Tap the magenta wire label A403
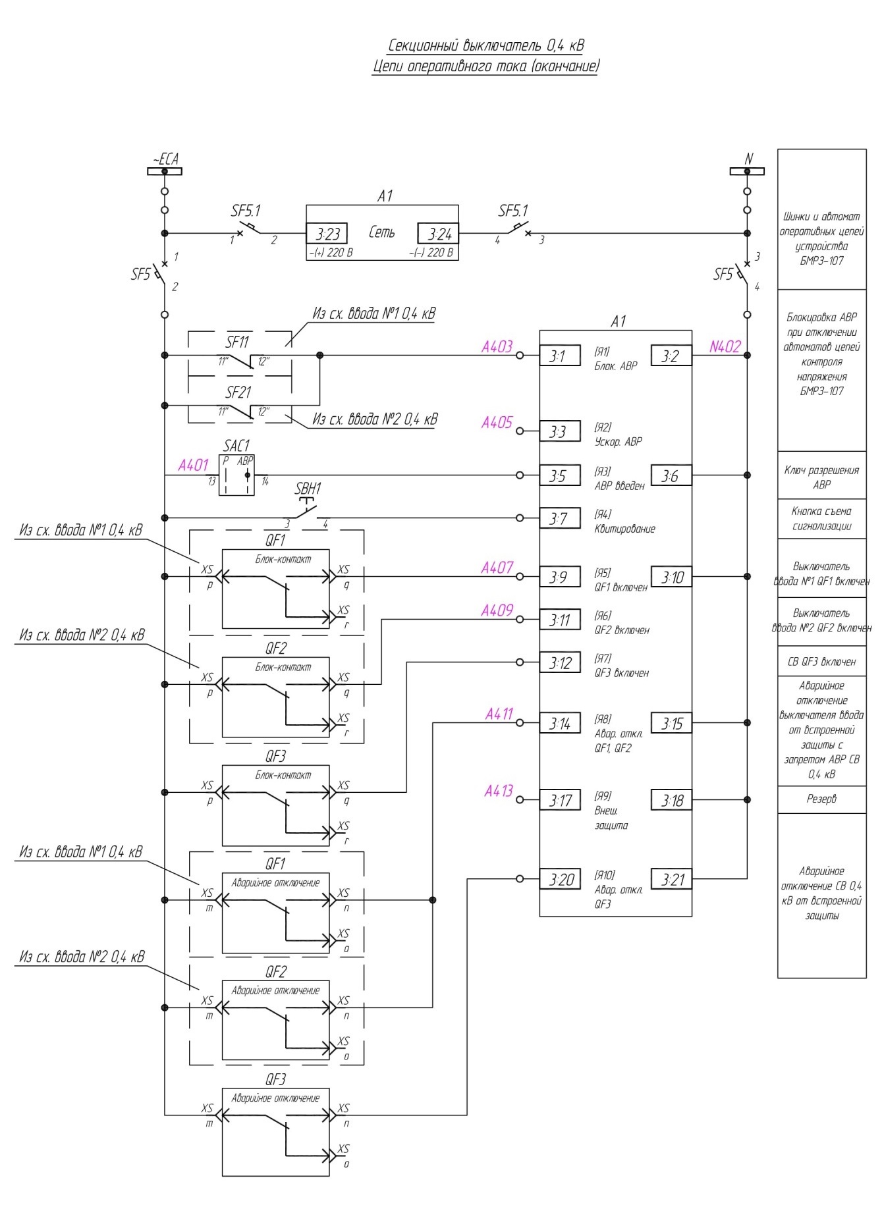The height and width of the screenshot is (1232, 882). (497, 347)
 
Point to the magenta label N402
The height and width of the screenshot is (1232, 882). (725, 347)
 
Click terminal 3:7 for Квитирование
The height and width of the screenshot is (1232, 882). (560, 518)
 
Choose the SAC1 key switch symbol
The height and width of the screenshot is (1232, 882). (236, 475)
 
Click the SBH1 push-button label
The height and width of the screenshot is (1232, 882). (308, 489)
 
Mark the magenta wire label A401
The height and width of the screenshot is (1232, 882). (193, 466)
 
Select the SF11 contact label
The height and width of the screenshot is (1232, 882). (238, 342)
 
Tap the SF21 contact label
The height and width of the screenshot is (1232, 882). (238, 392)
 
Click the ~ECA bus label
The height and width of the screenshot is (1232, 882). (165, 159)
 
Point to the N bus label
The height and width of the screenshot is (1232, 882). (748, 159)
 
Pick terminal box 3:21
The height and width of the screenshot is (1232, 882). (672, 879)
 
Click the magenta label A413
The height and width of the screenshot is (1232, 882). (499, 791)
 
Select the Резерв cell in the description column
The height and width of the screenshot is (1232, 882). (822, 799)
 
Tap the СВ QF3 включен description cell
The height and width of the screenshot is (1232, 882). (822, 662)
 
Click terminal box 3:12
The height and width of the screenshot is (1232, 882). (560, 662)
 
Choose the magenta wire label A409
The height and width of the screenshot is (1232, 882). (497, 610)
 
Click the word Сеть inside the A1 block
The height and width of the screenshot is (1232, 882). (382, 232)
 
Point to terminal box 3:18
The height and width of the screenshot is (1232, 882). (672, 800)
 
